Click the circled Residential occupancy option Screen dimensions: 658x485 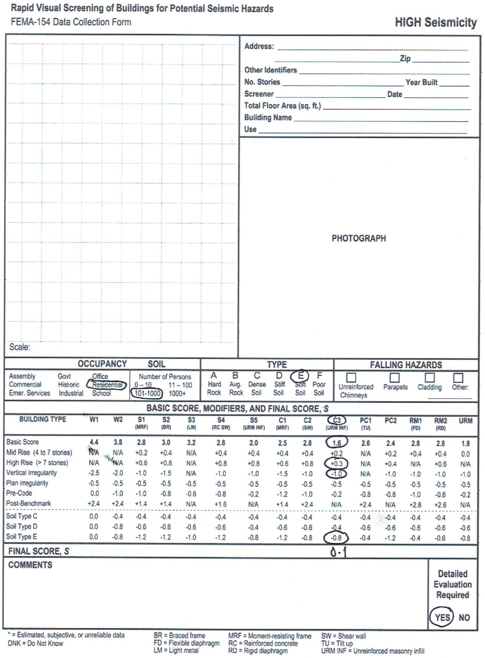tap(107, 385)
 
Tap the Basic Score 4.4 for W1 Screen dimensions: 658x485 tap(94, 442)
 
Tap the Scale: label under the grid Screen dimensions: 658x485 tap(20, 347)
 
